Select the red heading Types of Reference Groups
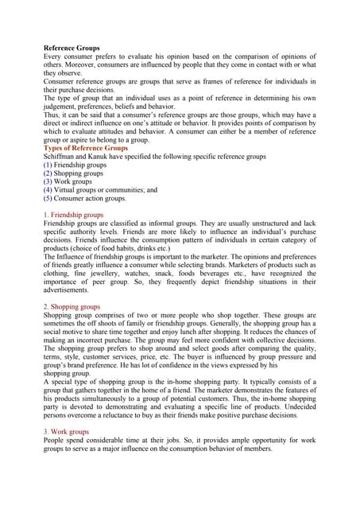[x=85, y=148]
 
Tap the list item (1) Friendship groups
[x=75, y=165]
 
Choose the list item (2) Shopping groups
[x=74, y=173]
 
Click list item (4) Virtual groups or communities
[x=100, y=190]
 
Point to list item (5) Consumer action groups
[x=84, y=199]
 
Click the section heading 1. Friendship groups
[x=73, y=215]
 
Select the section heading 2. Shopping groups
[x=72, y=306]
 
